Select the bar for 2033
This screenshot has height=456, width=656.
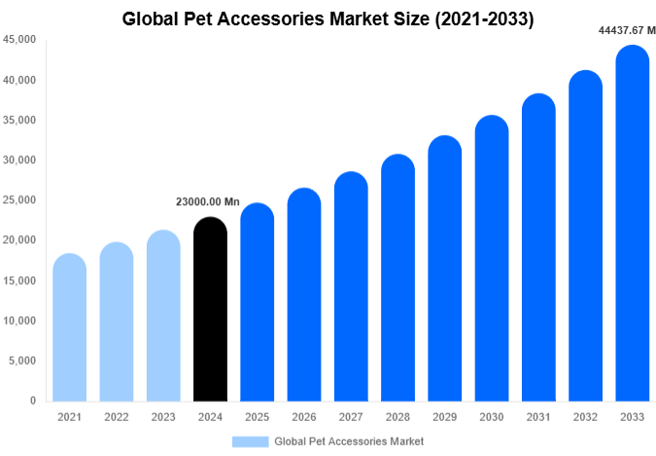[632, 224]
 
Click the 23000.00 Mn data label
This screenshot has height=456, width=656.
[207, 201]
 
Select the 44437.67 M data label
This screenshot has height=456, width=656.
[624, 30]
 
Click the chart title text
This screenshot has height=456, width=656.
[328, 18]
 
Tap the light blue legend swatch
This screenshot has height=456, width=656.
[250, 440]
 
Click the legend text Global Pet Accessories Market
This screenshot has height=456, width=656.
[349, 440]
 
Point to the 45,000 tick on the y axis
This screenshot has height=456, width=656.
[19, 40]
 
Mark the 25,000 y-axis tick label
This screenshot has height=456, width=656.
[19, 200]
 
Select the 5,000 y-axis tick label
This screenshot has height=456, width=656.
[22, 361]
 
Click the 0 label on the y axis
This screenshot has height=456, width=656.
[32, 401]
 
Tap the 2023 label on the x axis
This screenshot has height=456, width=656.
[163, 417]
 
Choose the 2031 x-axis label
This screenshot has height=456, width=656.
[538, 417]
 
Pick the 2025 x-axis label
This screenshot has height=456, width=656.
[257, 417]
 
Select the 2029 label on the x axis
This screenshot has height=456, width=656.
[444, 417]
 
